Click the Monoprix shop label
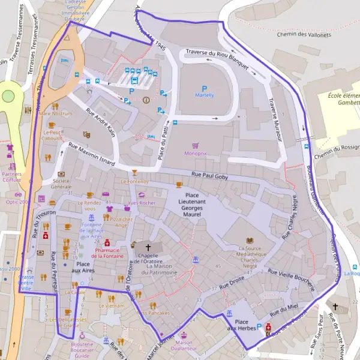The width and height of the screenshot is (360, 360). [x=195, y=154]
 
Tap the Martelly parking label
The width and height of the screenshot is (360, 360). [x=204, y=95]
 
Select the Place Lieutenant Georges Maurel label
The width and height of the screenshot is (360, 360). [x=200, y=204]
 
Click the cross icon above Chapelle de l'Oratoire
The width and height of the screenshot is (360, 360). [x=148, y=247]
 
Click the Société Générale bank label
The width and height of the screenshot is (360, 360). [x=62, y=184]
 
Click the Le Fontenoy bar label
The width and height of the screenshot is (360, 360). [x=135, y=181]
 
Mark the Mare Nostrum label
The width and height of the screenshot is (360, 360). [x=55, y=113]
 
